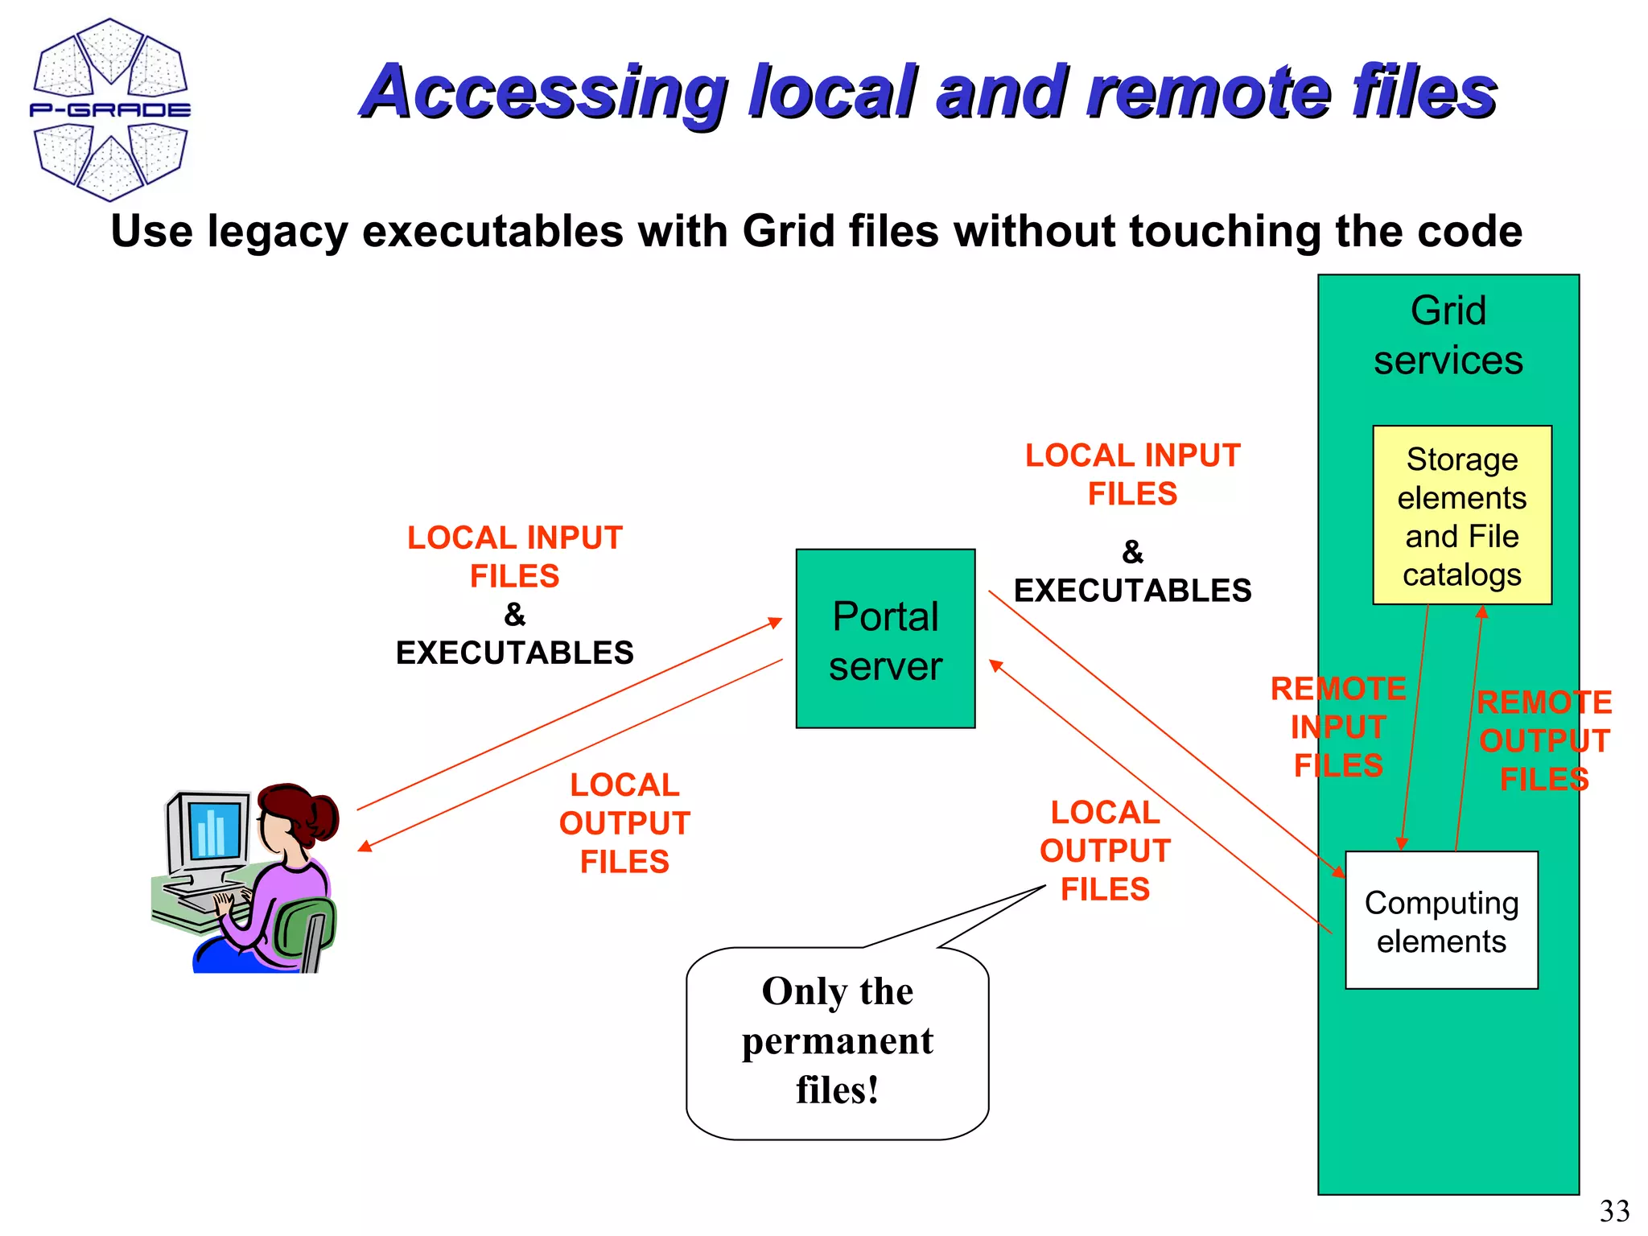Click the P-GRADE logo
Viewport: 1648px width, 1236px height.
coord(110,109)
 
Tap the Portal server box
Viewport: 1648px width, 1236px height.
coord(885,639)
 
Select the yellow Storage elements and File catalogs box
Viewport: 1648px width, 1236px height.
coord(1461,515)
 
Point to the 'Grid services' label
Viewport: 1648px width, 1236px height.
coord(1448,336)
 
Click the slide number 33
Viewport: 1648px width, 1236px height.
coord(1614,1211)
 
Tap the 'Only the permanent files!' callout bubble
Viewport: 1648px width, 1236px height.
coord(837,1042)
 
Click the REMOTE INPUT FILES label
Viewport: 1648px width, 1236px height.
coord(1338,727)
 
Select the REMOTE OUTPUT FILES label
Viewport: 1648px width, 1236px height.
coord(1543,740)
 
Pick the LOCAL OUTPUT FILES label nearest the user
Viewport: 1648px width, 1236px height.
coord(624,823)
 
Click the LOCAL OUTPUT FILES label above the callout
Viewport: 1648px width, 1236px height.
coord(1104,851)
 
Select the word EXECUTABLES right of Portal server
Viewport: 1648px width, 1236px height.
coord(1132,591)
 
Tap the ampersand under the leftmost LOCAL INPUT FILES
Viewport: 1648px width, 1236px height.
coord(514,616)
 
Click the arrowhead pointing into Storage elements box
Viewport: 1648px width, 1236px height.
coord(1482,612)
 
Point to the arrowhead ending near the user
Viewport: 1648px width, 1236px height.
coord(364,847)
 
